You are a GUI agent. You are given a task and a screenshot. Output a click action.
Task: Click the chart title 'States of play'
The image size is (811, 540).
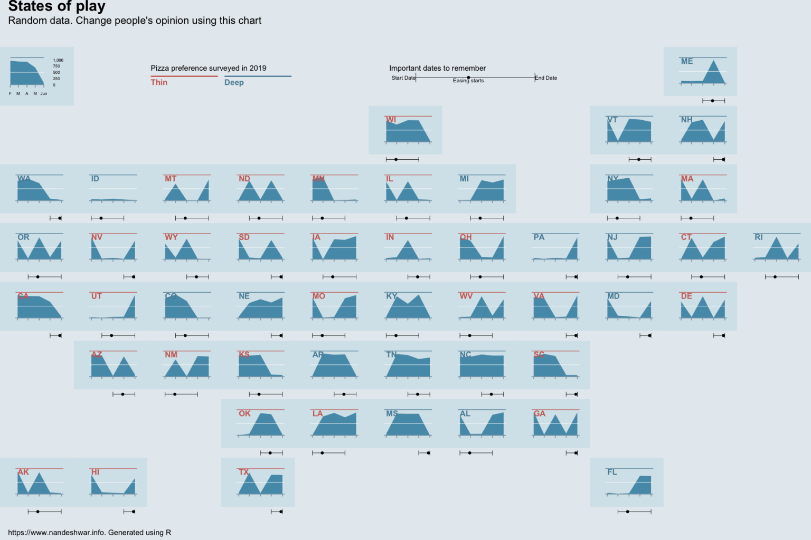[x=56, y=6]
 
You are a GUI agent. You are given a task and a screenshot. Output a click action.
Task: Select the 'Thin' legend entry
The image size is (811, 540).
[x=159, y=82]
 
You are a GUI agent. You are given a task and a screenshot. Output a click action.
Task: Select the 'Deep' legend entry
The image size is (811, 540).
[x=234, y=82]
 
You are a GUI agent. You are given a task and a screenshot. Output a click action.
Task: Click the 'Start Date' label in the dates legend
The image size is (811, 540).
[x=403, y=78]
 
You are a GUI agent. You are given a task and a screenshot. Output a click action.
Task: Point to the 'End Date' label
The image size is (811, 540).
[x=546, y=78]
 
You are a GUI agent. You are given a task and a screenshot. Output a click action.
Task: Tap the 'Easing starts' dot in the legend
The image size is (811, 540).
[x=468, y=78]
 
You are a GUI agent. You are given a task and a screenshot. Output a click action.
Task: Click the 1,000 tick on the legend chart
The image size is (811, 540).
[x=58, y=60]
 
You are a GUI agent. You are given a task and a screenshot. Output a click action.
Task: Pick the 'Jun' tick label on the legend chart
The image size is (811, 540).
[x=44, y=94]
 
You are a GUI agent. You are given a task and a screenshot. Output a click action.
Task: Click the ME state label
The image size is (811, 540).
[x=686, y=61]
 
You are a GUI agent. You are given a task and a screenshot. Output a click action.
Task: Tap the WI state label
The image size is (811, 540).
[x=391, y=120]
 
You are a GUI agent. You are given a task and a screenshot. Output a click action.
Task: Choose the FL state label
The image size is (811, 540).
[x=612, y=472]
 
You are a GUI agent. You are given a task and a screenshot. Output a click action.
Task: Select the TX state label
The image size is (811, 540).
[x=243, y=472]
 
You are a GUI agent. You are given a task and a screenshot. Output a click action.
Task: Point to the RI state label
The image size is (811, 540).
[x=758, y=237]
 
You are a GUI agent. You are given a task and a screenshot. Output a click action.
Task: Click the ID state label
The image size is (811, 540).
[x=95, y=179]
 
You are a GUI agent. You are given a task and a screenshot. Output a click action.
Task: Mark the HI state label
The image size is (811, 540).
[x=95, y=472]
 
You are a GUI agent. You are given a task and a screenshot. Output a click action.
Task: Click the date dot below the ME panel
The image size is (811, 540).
[x=712, y=101]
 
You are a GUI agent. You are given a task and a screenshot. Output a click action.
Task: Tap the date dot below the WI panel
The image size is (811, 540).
[x=396, y=159]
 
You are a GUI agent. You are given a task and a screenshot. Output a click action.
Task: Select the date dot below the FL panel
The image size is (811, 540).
[x=627, y=512]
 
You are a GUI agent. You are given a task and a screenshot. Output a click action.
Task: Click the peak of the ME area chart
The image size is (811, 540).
[x=713, y=61]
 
